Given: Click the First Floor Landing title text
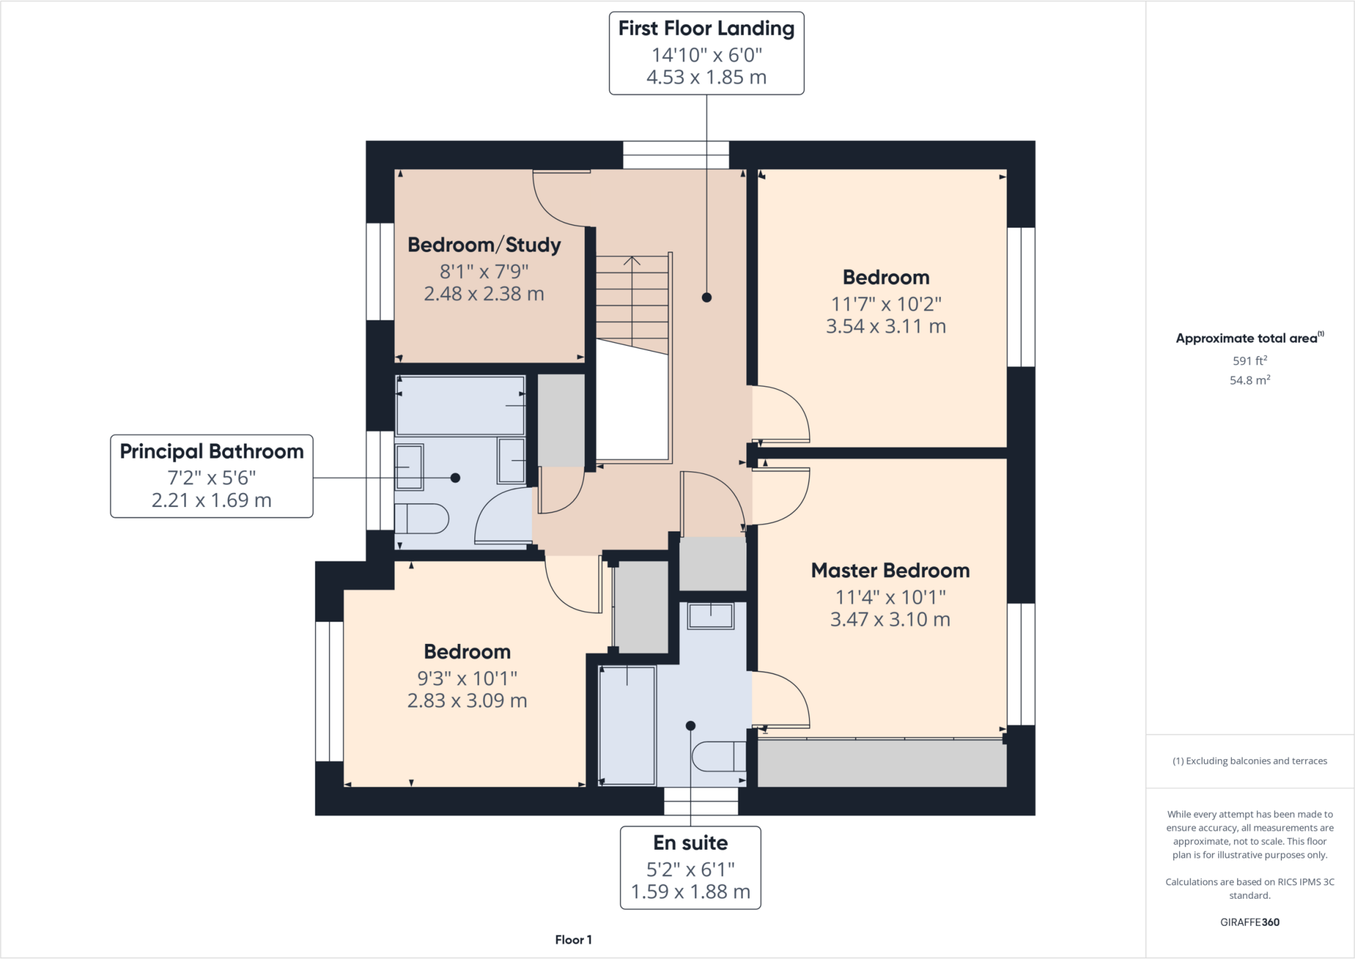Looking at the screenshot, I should tap(706, 28).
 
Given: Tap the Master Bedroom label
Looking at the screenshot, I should tap(890, 571).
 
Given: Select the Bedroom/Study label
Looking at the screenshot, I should tap(484, 245).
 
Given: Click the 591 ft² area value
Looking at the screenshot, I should tap(1249, 361).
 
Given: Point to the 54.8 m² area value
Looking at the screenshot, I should tap(1249, 381).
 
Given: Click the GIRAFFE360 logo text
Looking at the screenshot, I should tap(1249, 922).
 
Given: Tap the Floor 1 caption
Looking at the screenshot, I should tap(573, 940).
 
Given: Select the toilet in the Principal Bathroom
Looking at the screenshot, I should tap(421, 518).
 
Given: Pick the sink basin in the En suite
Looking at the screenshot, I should tap(711, 616).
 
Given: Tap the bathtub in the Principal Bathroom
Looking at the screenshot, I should tap(460, 405).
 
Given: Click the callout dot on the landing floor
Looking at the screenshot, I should tap(707, 298).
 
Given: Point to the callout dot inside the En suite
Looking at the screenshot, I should tap(690, 726).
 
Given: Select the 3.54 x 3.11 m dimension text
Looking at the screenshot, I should tap(885, 326).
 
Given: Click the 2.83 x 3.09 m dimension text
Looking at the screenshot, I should tap(466, 701).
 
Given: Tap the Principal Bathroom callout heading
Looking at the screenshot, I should tap(211, 452).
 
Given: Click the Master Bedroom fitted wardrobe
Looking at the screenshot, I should tap(881, 763).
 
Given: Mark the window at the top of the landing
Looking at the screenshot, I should tap(676, 156).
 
